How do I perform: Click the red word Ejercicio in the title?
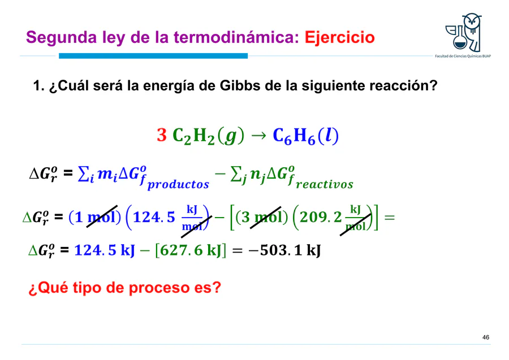pos(339,37)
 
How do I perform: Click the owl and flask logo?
pos(463,32)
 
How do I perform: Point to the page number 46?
pos(486,337)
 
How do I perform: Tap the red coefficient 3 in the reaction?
pos(162,135)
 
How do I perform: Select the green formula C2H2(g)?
pos(208,136)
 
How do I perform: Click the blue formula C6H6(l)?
pos(305,136)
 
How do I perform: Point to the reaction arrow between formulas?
pos(258,136)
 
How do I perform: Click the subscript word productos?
pos(178,185)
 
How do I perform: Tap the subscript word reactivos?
pos(324,185)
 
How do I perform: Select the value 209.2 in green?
pos(321,217)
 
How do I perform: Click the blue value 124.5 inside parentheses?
pos(154,217)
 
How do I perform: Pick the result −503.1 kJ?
pos(284,250)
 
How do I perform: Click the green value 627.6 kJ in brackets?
pos(191,250)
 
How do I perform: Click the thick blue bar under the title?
pos(153,56)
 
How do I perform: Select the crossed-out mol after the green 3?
pos(265,217)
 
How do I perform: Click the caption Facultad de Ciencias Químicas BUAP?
pos(463,56)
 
